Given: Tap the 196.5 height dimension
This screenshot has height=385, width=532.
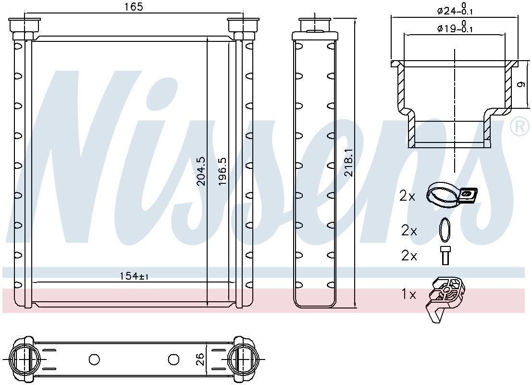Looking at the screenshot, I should [x=223, y=171].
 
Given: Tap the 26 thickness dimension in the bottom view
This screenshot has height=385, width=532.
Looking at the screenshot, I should [x=200, y=359].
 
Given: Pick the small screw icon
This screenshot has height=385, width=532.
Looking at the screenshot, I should [x=445, y=255].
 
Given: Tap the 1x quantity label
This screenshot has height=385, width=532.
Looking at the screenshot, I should [x=408, y=294].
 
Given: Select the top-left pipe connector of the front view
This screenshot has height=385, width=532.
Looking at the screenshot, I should [x=25, y=26].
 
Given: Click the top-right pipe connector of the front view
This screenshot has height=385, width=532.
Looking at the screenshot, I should [x=244, y=26].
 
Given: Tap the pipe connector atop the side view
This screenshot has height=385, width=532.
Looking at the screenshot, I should [x=314, y=25].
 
